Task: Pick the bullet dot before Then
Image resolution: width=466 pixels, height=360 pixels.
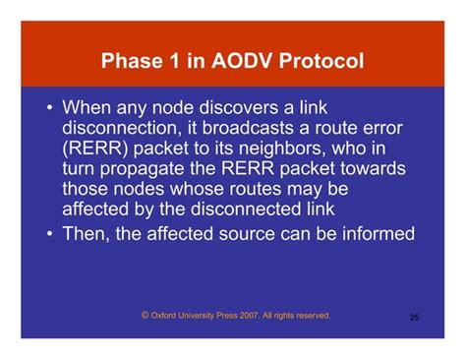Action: pos(49,234)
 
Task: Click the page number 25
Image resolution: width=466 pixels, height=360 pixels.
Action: pos(414,318)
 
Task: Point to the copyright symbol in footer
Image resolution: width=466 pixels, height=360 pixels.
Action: pos(146,316)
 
